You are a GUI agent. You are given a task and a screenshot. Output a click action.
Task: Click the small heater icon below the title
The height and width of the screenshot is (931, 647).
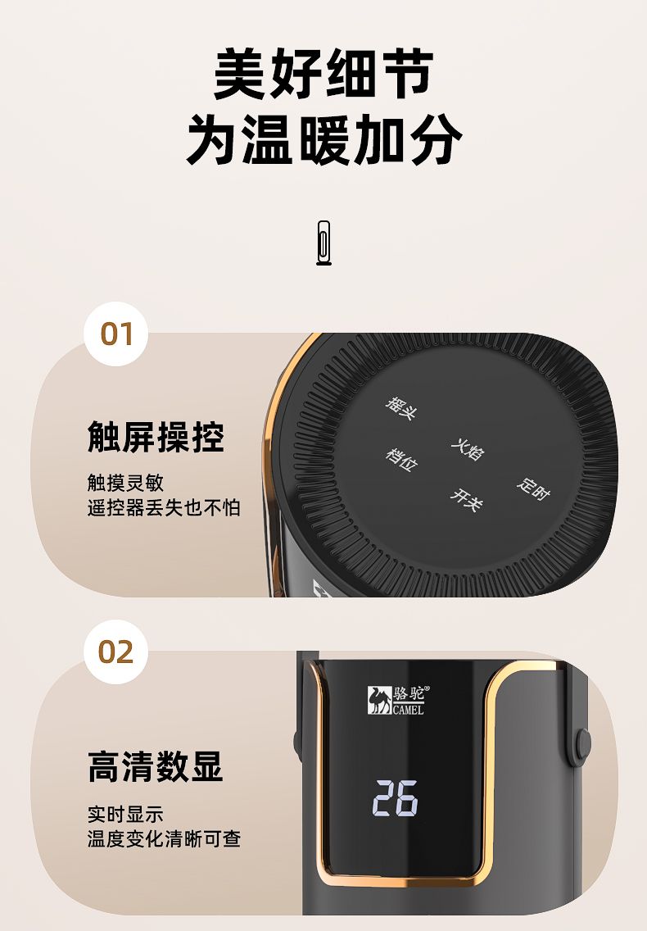(323, 243)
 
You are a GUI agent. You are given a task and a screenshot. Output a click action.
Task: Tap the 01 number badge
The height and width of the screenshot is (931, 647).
(115, 334)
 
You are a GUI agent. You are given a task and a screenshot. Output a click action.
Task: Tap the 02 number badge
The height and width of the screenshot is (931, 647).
(115, 652)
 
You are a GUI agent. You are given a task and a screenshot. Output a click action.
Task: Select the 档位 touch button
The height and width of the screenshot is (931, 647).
(401, 459)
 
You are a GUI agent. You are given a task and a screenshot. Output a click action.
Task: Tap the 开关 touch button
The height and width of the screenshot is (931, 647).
(467, 499)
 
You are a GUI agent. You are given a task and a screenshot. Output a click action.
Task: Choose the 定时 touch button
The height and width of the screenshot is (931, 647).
(533, 488)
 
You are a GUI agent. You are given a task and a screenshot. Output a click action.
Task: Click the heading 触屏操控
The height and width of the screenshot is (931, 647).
(156, 437)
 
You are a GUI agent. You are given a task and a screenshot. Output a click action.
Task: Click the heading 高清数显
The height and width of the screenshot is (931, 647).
(156, 766)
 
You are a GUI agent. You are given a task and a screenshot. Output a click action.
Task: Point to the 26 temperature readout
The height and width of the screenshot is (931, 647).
(396, 797)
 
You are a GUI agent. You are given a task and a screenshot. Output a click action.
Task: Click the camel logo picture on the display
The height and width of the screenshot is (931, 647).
(378, 700)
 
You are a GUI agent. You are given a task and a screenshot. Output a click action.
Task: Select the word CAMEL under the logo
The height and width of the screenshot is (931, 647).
(409, 710)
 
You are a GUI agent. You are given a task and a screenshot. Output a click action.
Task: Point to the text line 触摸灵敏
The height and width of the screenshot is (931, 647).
(125, 483)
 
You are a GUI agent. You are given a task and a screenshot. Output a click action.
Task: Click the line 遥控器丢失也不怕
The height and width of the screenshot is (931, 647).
(164, 507)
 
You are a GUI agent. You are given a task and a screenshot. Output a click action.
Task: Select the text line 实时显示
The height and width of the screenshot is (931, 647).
(125, 814)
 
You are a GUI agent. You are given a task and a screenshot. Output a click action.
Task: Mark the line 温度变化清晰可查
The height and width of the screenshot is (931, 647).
(164, 839)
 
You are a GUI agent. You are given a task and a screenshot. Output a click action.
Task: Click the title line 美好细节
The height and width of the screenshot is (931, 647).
(323, 73)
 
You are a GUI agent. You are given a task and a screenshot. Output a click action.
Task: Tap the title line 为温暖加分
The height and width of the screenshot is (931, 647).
(323, 139)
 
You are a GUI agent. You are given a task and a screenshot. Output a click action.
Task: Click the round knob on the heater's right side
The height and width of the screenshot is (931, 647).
(583, 745)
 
